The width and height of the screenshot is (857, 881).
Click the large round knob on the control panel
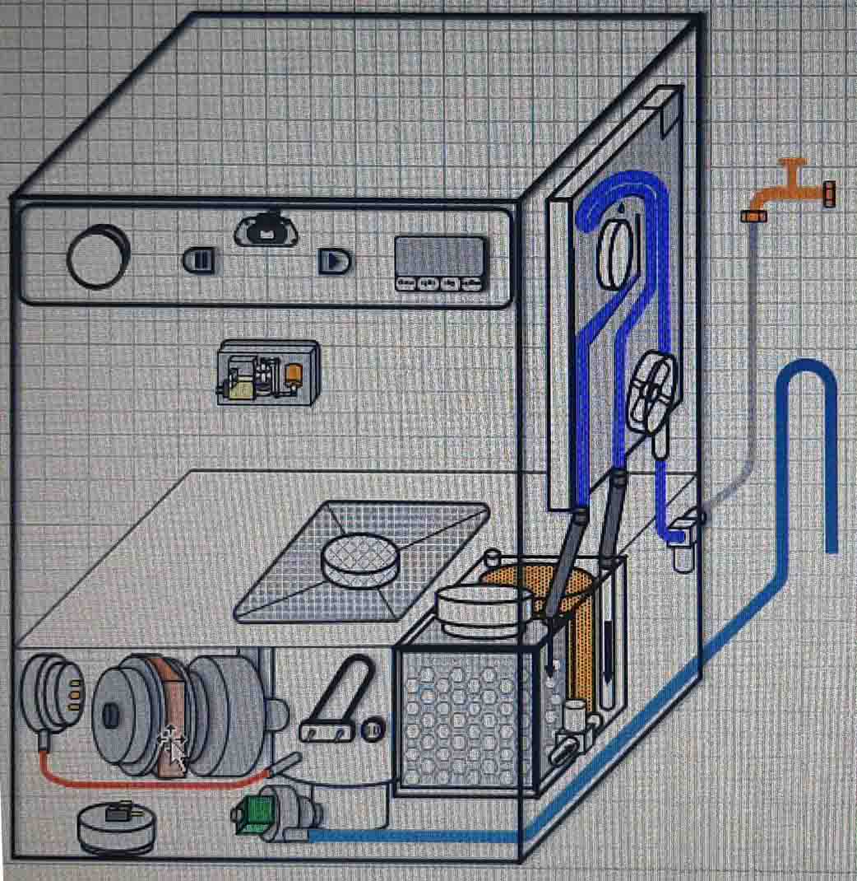pos(98,256)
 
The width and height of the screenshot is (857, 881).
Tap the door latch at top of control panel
pos(266,231)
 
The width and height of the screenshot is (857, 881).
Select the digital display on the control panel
pos(439,262)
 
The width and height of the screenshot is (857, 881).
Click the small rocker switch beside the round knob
pos(198,261)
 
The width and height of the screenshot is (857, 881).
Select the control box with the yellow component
pos(267,372)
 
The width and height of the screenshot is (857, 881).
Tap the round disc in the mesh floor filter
pos(360,561)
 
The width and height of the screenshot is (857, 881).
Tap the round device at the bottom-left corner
pos(116,826)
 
